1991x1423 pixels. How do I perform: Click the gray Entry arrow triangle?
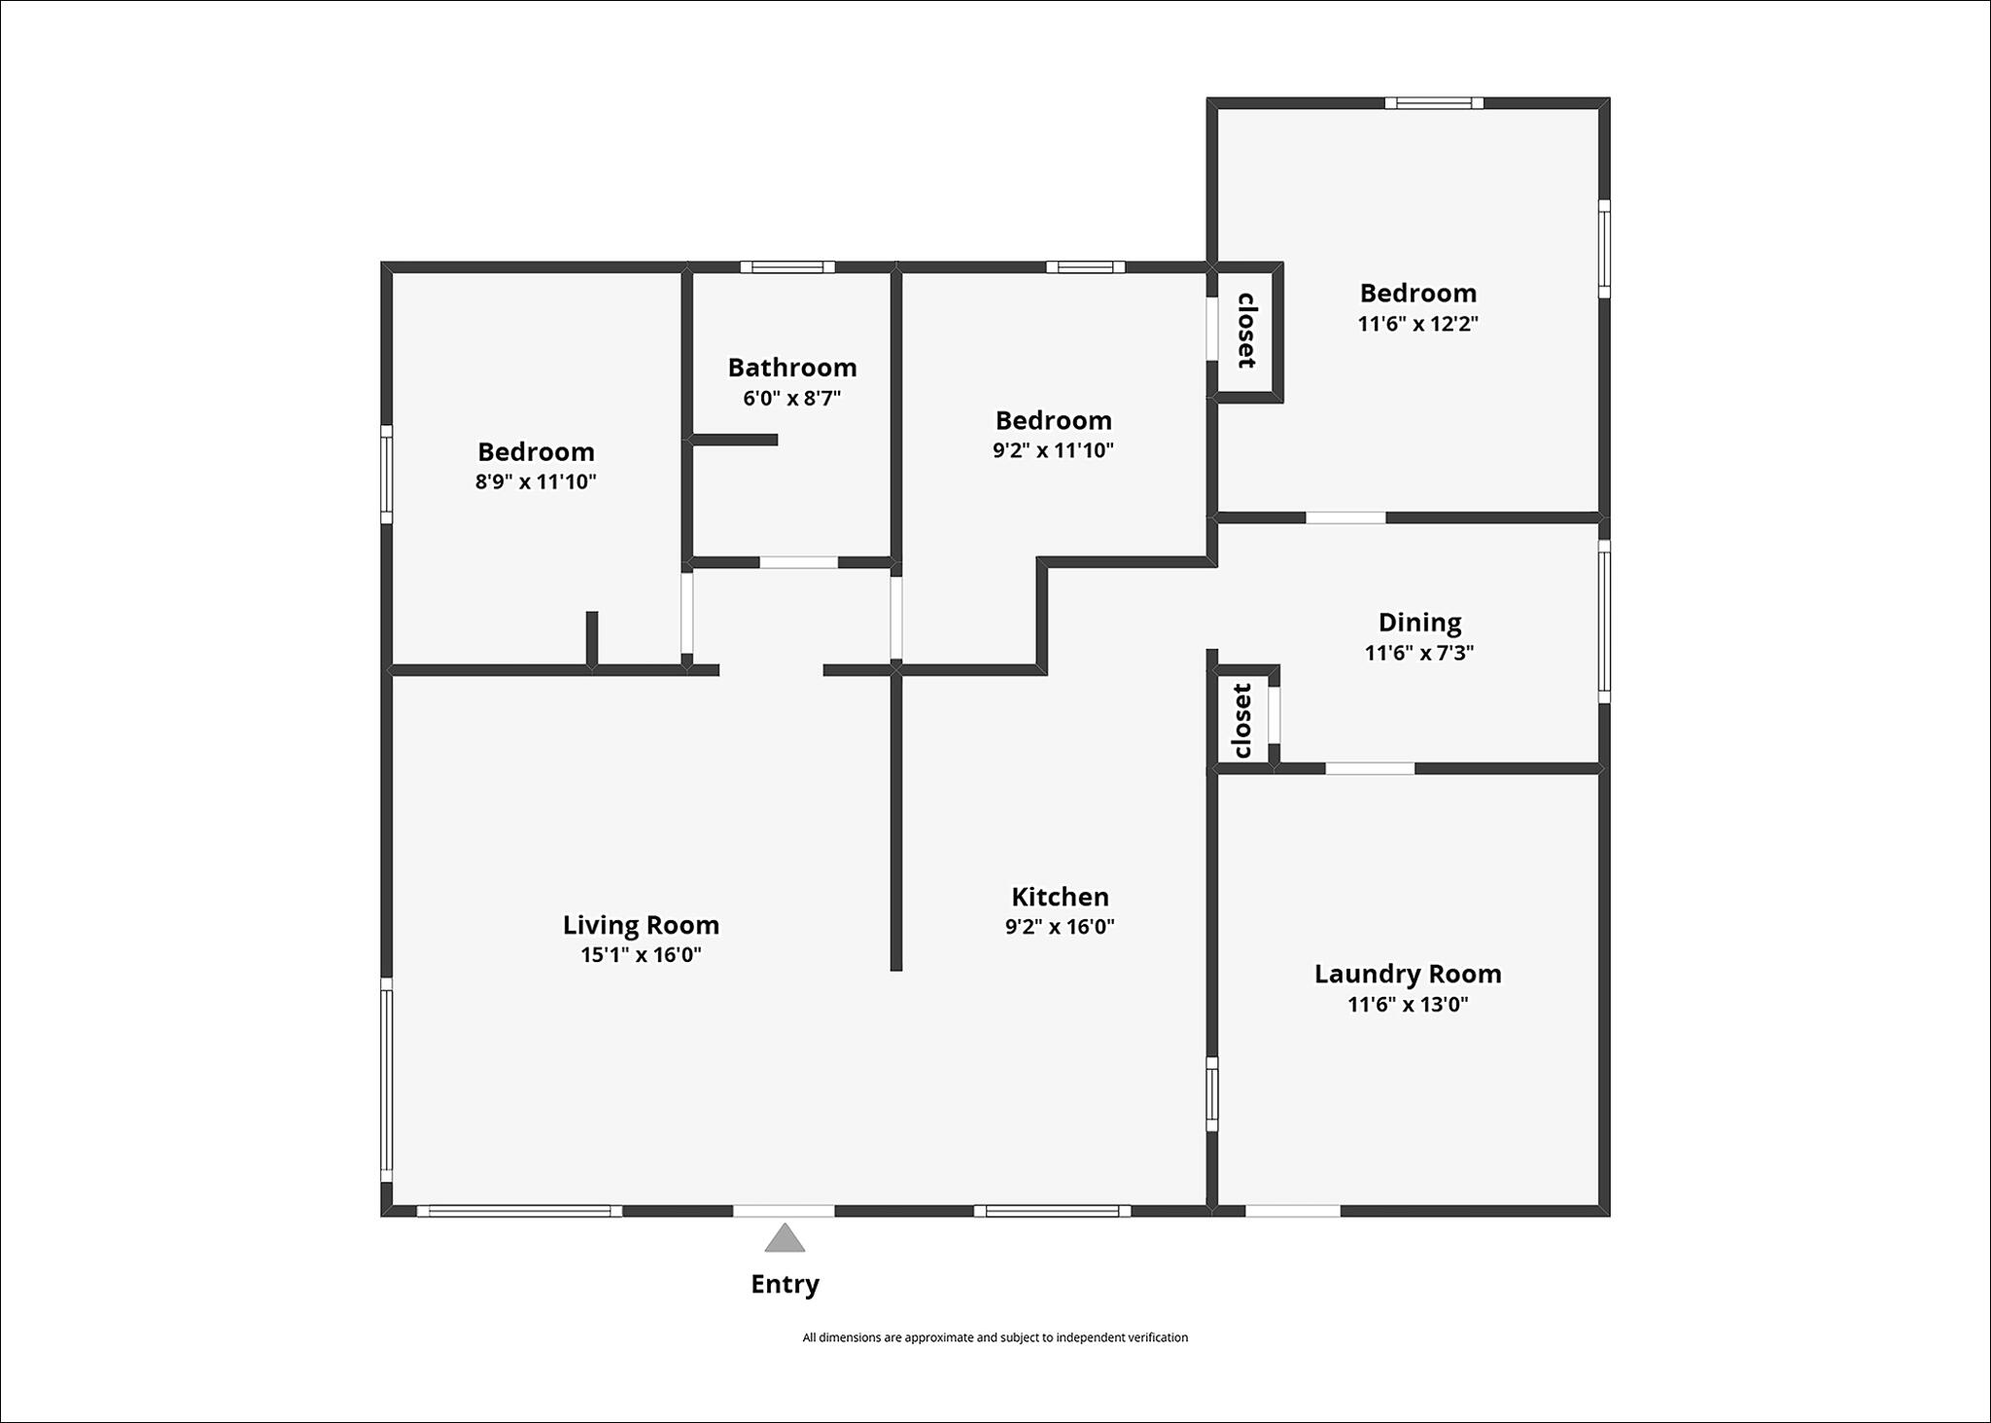click(x=785, y=1238)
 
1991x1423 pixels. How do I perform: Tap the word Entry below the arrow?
click(x=785, y=1285)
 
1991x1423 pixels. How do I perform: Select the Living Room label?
click(x=641, y=924)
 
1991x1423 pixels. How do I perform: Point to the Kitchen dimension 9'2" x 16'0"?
click(x=1060, y=926)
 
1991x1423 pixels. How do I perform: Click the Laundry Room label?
click(x=1408, y=974)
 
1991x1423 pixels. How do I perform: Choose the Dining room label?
click(x=1419, y=623)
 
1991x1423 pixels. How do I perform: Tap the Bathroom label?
click(x=792, y=368)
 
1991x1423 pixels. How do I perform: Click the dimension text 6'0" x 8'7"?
click(x=792, y=398)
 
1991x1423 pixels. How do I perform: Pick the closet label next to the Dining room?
click(x=1242, y=721)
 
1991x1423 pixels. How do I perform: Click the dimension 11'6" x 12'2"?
click(x=1418, y=324)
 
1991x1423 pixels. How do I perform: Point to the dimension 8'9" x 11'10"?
click(x=536, y=481)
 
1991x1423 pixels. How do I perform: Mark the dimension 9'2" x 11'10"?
click(x=1053, y=450)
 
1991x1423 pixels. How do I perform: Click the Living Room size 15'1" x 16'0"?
click(x=641, y=954)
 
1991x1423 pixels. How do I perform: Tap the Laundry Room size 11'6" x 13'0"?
click(x=1408, y=1004)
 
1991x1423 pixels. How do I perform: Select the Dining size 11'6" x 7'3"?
click(x=1419, y=653)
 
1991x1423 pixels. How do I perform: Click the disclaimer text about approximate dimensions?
click(x=995, y=1337)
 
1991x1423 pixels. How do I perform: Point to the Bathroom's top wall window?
click(x=787, y=267)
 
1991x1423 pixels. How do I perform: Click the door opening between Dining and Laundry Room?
click(x=1370, y=768)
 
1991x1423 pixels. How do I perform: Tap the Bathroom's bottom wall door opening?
click(x=798, y=562)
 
